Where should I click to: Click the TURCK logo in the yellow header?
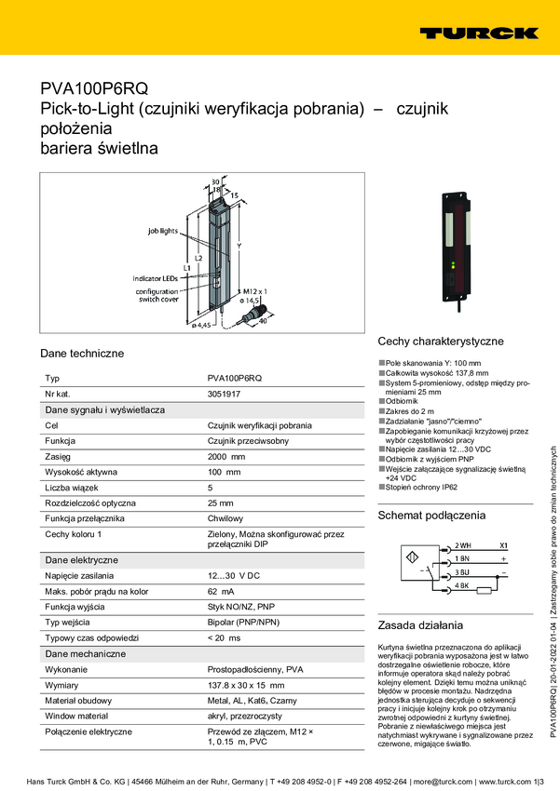coord(478,33)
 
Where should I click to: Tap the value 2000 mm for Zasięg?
coord(226,457)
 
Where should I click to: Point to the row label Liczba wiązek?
coord(78,488)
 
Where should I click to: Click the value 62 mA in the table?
coord(220,592)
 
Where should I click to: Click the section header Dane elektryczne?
coord(82,561)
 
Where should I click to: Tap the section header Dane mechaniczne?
coord(86,653)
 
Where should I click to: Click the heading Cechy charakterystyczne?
coord(440,342)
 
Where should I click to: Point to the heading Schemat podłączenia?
coord(431,515)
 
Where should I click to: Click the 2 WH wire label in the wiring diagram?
coord(463,545)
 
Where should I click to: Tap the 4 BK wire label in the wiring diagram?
coord(462,586)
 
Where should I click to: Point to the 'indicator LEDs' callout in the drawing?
coord(155,278)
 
